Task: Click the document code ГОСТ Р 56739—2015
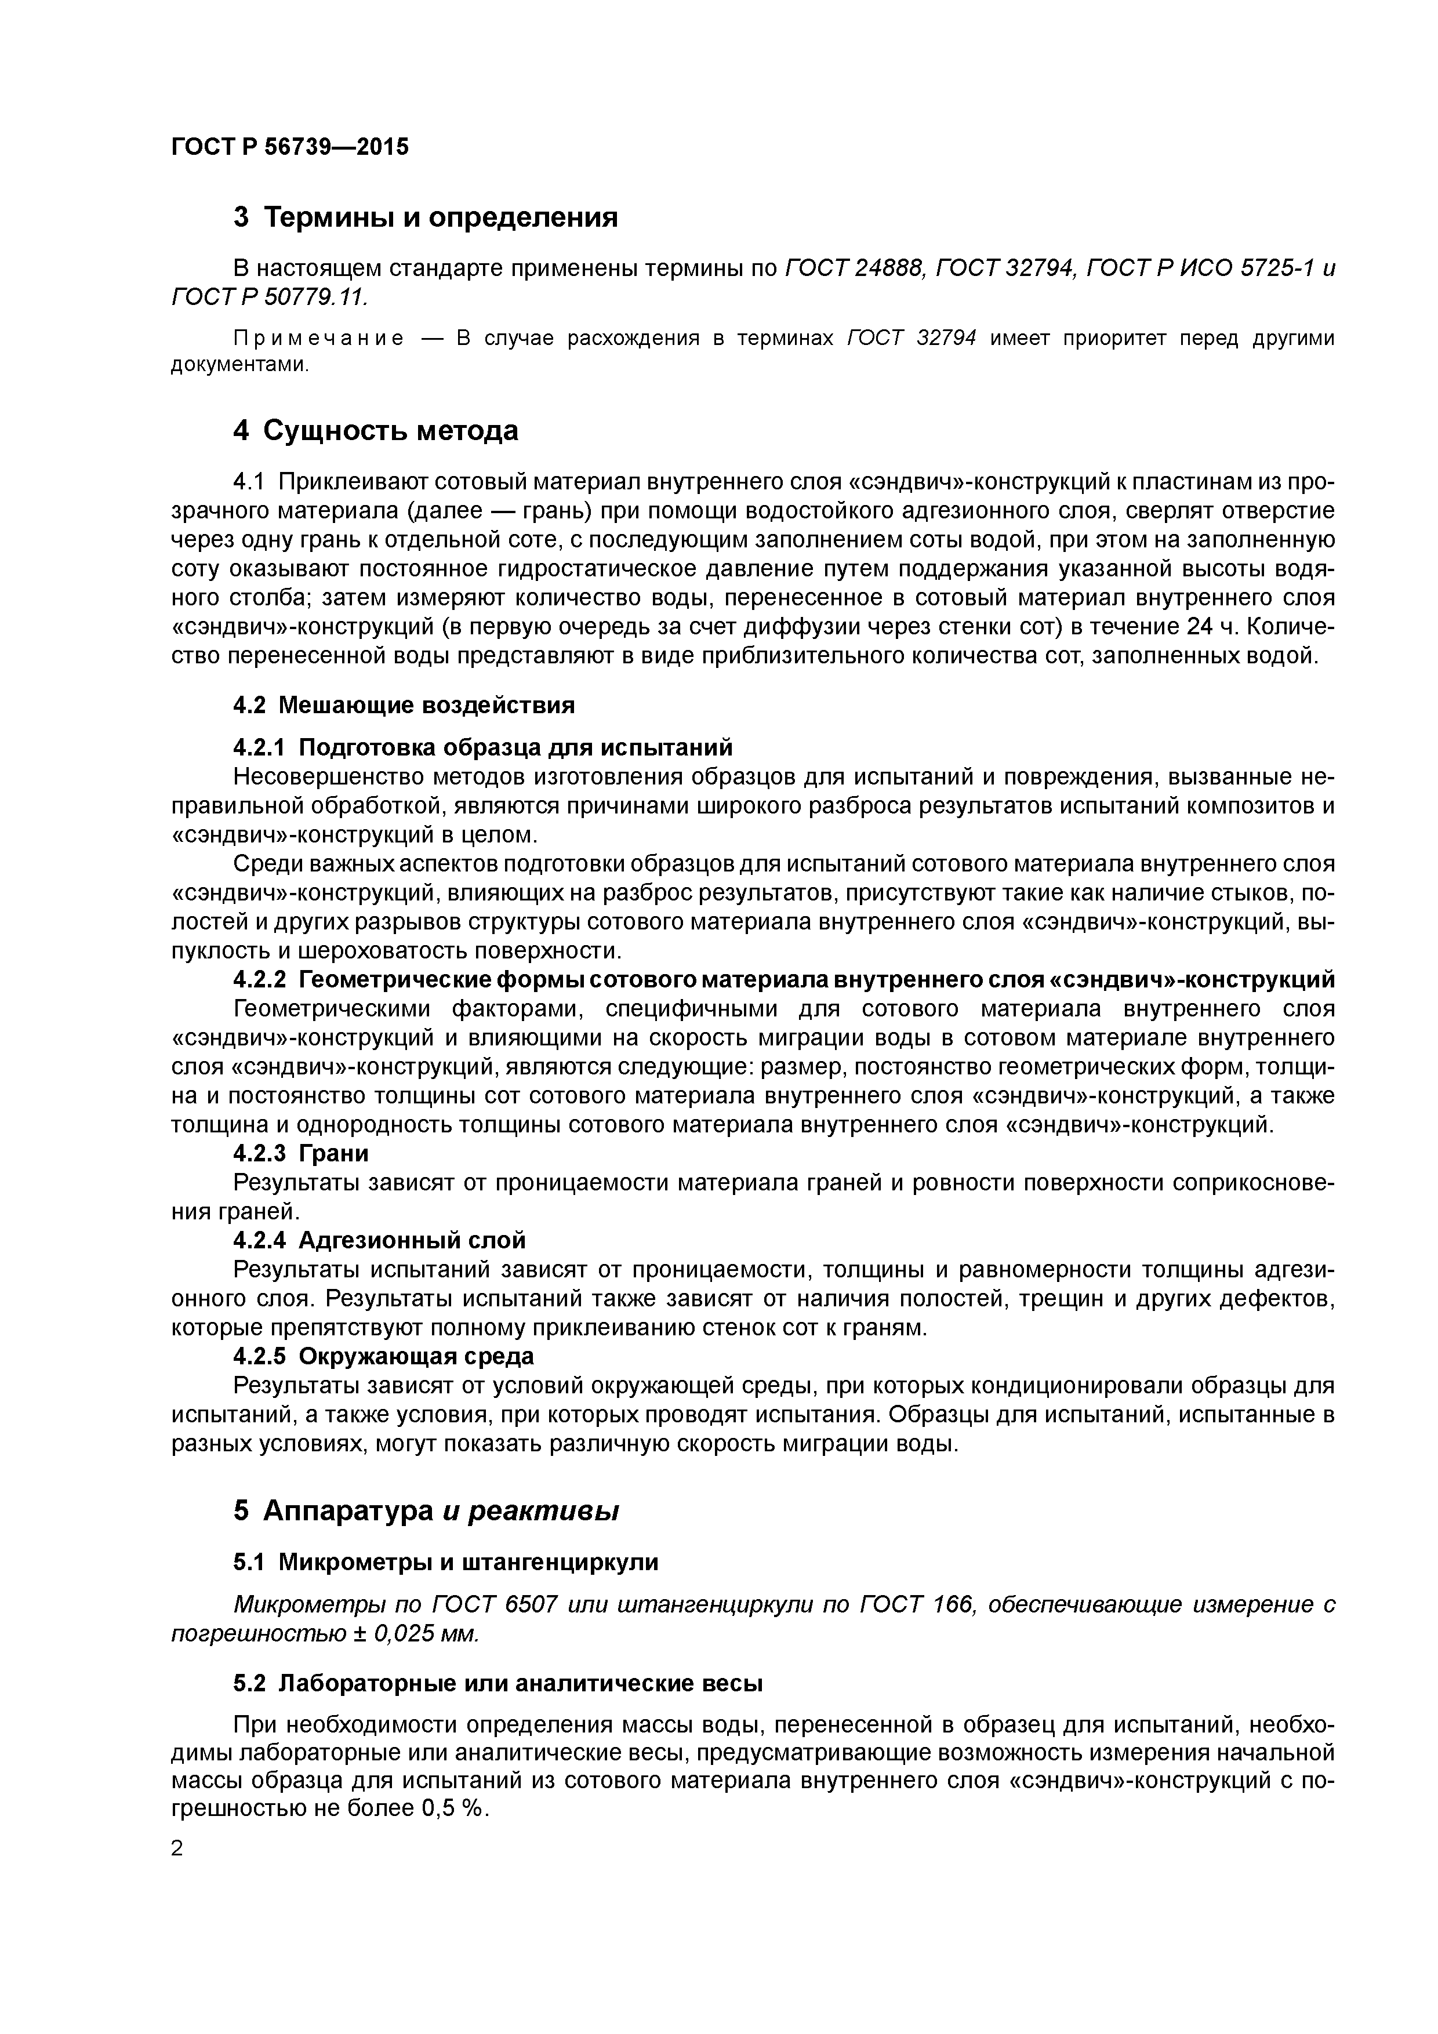click(290, 147)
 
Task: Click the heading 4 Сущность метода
click(376, 431)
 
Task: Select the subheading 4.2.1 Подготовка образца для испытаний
click(483, 748)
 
